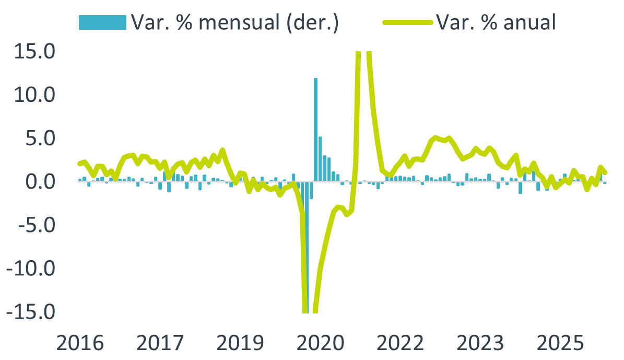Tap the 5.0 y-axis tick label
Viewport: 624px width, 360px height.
(42, 138)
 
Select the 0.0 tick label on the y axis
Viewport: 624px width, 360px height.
(42, 182)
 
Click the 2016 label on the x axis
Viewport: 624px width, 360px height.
(80, 343)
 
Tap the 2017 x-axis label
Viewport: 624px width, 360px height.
(160, 343)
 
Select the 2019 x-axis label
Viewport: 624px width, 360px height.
(240, 343)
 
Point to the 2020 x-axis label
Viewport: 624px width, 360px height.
(321, 343)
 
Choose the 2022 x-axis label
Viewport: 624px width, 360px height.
(401, 343)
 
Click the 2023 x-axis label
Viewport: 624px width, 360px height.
(481, 343)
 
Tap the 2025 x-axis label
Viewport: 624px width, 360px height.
(561, 343)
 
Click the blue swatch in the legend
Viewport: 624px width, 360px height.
(102, 22)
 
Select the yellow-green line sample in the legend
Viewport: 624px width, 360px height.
(407, 22)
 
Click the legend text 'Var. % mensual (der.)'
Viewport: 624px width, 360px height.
(235, 22)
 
